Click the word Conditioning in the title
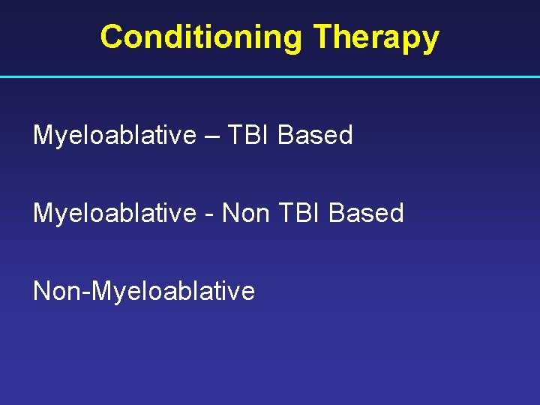(x=202, y=37)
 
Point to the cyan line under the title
(x=270, y=76)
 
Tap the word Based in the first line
(x=315, y=135)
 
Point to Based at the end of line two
(x=366, y=213)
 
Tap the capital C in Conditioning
(x=111, y=37)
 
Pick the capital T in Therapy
(x=322, y=37)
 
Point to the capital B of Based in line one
(x=286, y=135)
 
